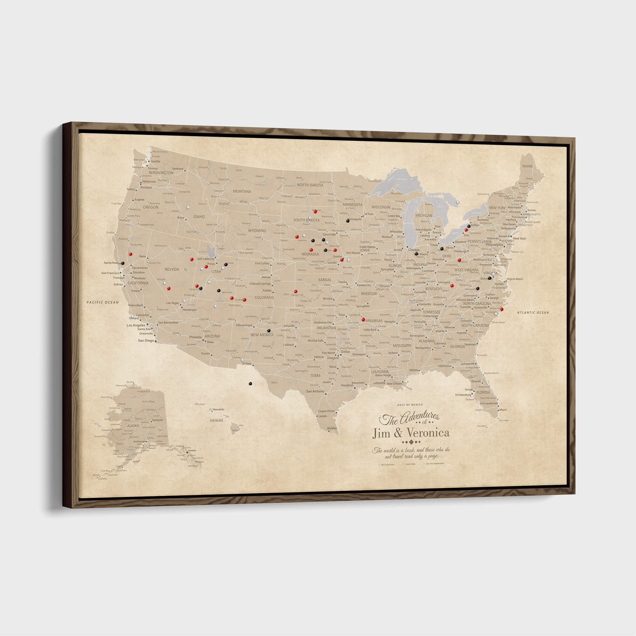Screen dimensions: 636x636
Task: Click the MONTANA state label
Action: tap(242, 191)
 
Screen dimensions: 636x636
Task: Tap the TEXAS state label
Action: tap(315, 375)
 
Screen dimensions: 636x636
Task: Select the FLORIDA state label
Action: tap(483, 392)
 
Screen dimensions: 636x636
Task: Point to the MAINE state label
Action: tap(527, 166)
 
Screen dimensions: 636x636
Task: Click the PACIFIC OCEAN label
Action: tap(102, 302)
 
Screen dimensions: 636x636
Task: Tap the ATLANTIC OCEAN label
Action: tap(533, 312)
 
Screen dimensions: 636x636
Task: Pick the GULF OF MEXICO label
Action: tap(410, 404)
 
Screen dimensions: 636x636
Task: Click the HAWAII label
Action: tap(217, 420)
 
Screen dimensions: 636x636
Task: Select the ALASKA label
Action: tap(133, 426)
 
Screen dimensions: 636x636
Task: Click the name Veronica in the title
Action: tap(428, 432)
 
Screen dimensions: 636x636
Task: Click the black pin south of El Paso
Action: tap(250, 384)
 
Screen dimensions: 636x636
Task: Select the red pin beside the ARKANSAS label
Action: tap(363, 319)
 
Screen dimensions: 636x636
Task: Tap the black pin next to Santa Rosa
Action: tap(122, 263)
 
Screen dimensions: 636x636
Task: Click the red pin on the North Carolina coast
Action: tap(502, 309)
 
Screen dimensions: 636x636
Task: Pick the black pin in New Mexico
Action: tap(269, 330)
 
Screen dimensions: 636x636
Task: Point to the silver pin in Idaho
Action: tap(188, 207)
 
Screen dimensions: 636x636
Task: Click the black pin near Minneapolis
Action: tap(348, 221)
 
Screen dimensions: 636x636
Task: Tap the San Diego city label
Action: tap(146, 341)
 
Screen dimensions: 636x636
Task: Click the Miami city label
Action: tap(503, 410)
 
